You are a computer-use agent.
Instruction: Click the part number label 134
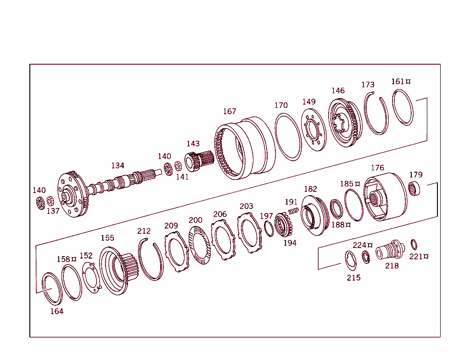[x=117, y=165]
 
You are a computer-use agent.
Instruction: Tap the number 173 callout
[x=368, y=84]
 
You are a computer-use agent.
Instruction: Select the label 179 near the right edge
[x=416, y=175]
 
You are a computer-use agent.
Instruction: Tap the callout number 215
[x=353, y=277]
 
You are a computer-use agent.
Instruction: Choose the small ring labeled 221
[x=414, y=243]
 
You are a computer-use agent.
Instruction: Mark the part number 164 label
[x=56, y=311]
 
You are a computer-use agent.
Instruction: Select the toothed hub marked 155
[x=117, y=271]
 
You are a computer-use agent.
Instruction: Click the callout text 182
[x=310, y=189]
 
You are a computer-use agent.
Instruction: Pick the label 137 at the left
[x=53, y=211]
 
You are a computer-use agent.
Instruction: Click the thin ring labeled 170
[x=289, y=137]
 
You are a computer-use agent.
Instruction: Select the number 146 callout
[x=338, y=90]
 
